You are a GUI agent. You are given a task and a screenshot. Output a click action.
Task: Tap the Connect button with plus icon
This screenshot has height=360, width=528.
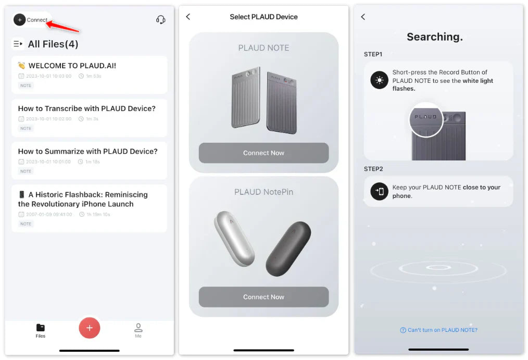pyautogui.click(x=31, y=20)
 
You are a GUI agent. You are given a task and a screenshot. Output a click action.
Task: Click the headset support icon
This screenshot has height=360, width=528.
pyautogui.click(x=160, y=20)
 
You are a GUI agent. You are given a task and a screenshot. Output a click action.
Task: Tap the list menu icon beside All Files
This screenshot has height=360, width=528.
pyautogui.click(x=18, y=44)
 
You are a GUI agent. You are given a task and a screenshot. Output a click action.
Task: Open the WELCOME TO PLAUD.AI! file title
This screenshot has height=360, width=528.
pyautogui.click(x=72, y=66)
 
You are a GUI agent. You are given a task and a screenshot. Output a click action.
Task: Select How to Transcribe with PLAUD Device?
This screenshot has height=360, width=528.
pyautogui.click(x=87, y=108)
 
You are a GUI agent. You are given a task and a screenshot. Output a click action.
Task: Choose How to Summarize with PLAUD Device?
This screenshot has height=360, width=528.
pyautogui.click(x=88, y=151)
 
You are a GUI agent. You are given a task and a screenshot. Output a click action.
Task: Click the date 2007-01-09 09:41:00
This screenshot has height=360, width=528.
pyautogui.click(x=49, y=214)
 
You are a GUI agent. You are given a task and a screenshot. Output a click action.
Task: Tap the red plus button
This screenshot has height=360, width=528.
pyautogui.click(x=89, y=328)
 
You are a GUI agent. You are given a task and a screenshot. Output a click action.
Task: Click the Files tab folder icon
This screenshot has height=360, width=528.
pyautogui.click(x=41, y=327)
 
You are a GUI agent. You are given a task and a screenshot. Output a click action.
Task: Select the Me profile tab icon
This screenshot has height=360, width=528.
pyautogui.click(x=138, y=327)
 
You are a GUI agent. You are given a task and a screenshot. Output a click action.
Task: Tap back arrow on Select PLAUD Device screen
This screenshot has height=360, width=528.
pyautogui.click(x=188, y=17)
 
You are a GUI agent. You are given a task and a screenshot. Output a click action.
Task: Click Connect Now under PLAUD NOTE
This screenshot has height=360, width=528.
pyautogui.click(x=263, y=153)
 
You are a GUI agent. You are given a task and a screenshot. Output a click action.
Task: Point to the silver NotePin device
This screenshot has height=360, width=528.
pyautogui.click(x=234, y=239)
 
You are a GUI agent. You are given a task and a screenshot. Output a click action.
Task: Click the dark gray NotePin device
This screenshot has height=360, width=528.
pyautogui.click(x=288, y=249)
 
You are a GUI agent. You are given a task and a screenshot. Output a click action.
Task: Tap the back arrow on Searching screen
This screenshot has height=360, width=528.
pyautogui.click(x=363, y=17)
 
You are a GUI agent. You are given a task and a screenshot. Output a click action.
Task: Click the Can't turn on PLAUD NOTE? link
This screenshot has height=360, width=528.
pyautogui.click(x=439, y=330)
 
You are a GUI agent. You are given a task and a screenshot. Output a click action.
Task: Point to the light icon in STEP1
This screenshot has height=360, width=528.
pyautogui.click(x=379, y=80)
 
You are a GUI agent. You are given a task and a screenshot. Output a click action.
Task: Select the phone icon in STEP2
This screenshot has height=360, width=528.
pyautogui.click(x=379, y=191)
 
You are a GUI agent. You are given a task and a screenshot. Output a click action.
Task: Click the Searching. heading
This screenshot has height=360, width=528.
pyautogui.click(x=435, y=36)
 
